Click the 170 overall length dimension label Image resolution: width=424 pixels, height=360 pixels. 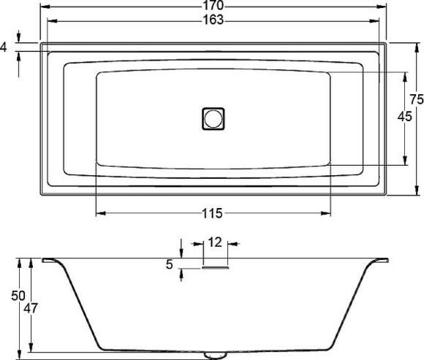click(212, 5)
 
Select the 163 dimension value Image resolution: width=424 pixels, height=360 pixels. click(212, 20)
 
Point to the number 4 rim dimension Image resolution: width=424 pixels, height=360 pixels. click(4, 47)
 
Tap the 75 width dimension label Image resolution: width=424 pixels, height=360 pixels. click(416, 99)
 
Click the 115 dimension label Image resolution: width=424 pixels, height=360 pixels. click(212, 213)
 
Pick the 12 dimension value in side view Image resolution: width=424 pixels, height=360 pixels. click(215, 242)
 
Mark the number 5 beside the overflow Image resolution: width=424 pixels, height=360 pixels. click(170, 265)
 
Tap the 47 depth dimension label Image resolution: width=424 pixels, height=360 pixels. click(31, 308)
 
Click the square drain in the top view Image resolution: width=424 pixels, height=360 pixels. click(214, 118)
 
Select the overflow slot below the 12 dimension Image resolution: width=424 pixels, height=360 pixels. click(215, 268)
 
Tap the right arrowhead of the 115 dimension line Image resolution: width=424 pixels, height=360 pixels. click(328, 213)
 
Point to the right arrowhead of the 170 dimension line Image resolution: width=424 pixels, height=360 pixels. click(385, 6)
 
